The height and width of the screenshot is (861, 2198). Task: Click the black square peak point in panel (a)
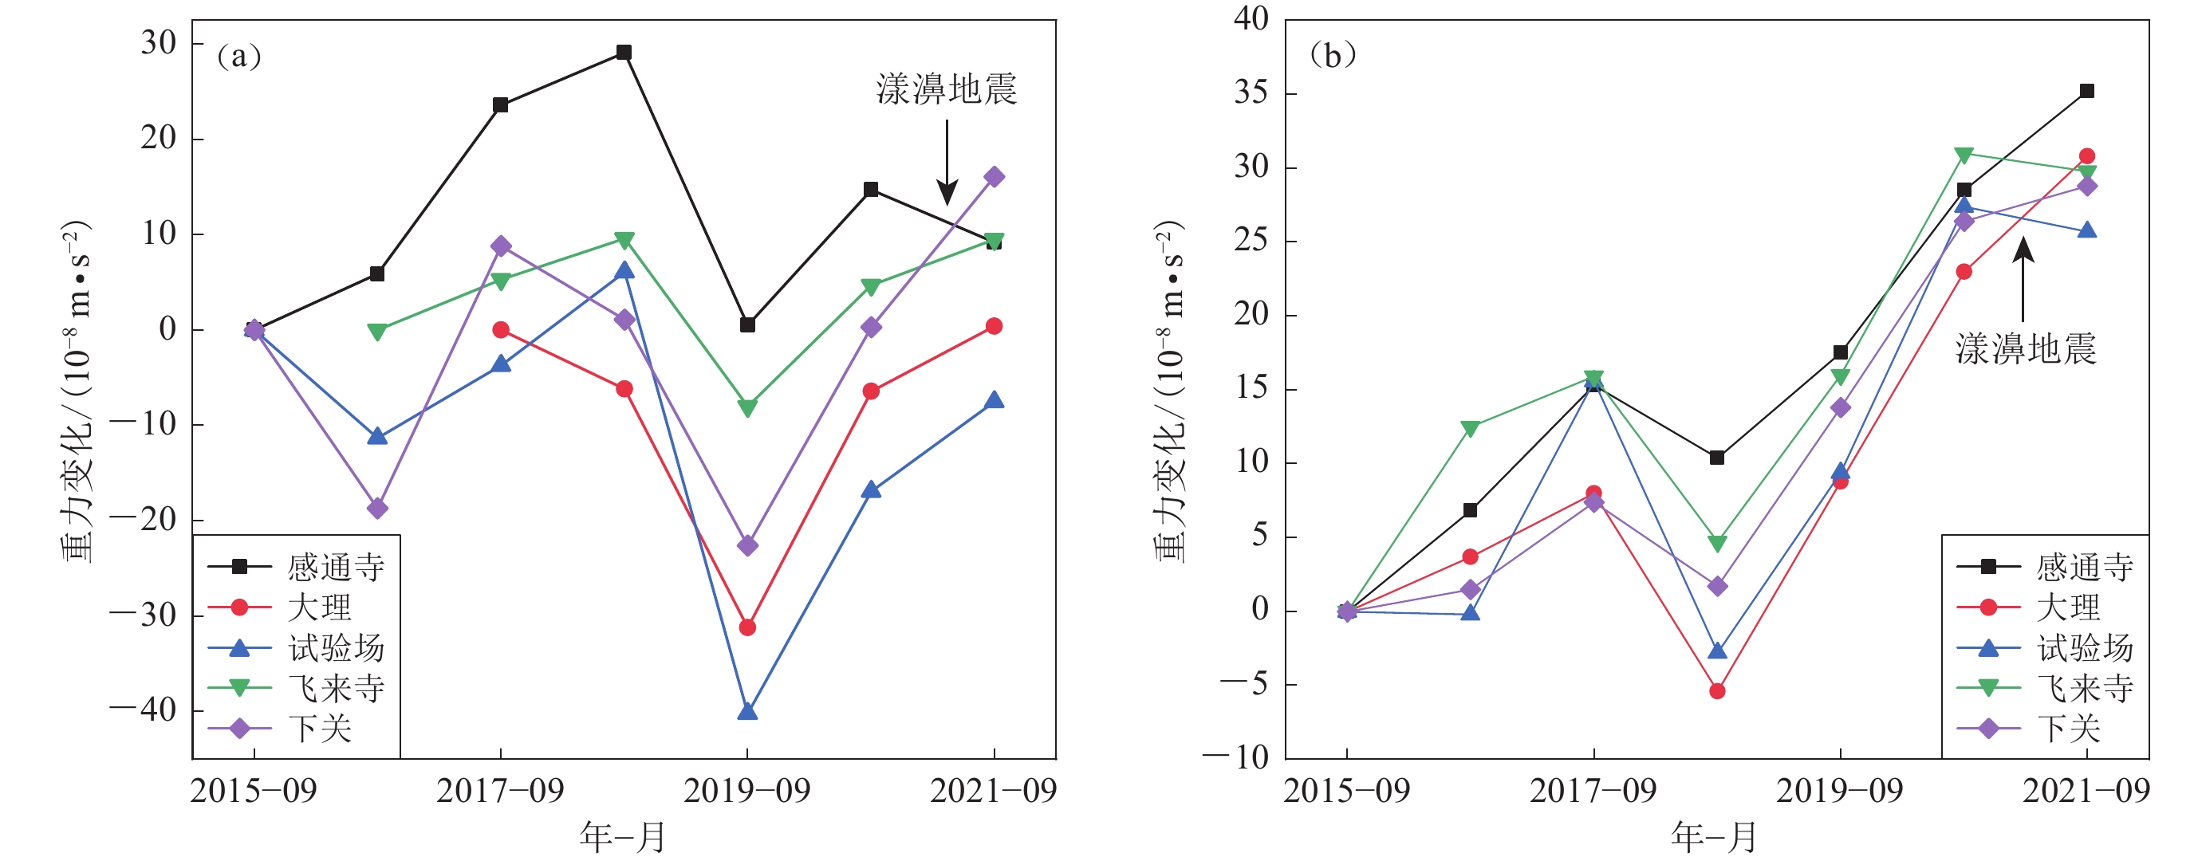coord(624,53)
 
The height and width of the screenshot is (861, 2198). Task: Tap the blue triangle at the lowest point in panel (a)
coord(747,711)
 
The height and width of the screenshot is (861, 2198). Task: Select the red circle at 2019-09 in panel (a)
coord(747,627)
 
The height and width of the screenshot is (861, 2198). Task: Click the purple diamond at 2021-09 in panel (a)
coord(994,178)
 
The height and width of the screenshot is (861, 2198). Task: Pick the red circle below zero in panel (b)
coord(1718,691)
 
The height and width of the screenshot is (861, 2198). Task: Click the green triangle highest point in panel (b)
coord(1964,155)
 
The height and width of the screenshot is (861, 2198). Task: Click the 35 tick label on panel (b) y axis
coord(1251,93)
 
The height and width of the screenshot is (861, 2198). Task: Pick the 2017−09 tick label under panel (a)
coord(500,792)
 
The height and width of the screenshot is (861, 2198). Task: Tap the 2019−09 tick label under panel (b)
coord(1840,792)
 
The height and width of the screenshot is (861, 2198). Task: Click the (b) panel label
coord(1332,57)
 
